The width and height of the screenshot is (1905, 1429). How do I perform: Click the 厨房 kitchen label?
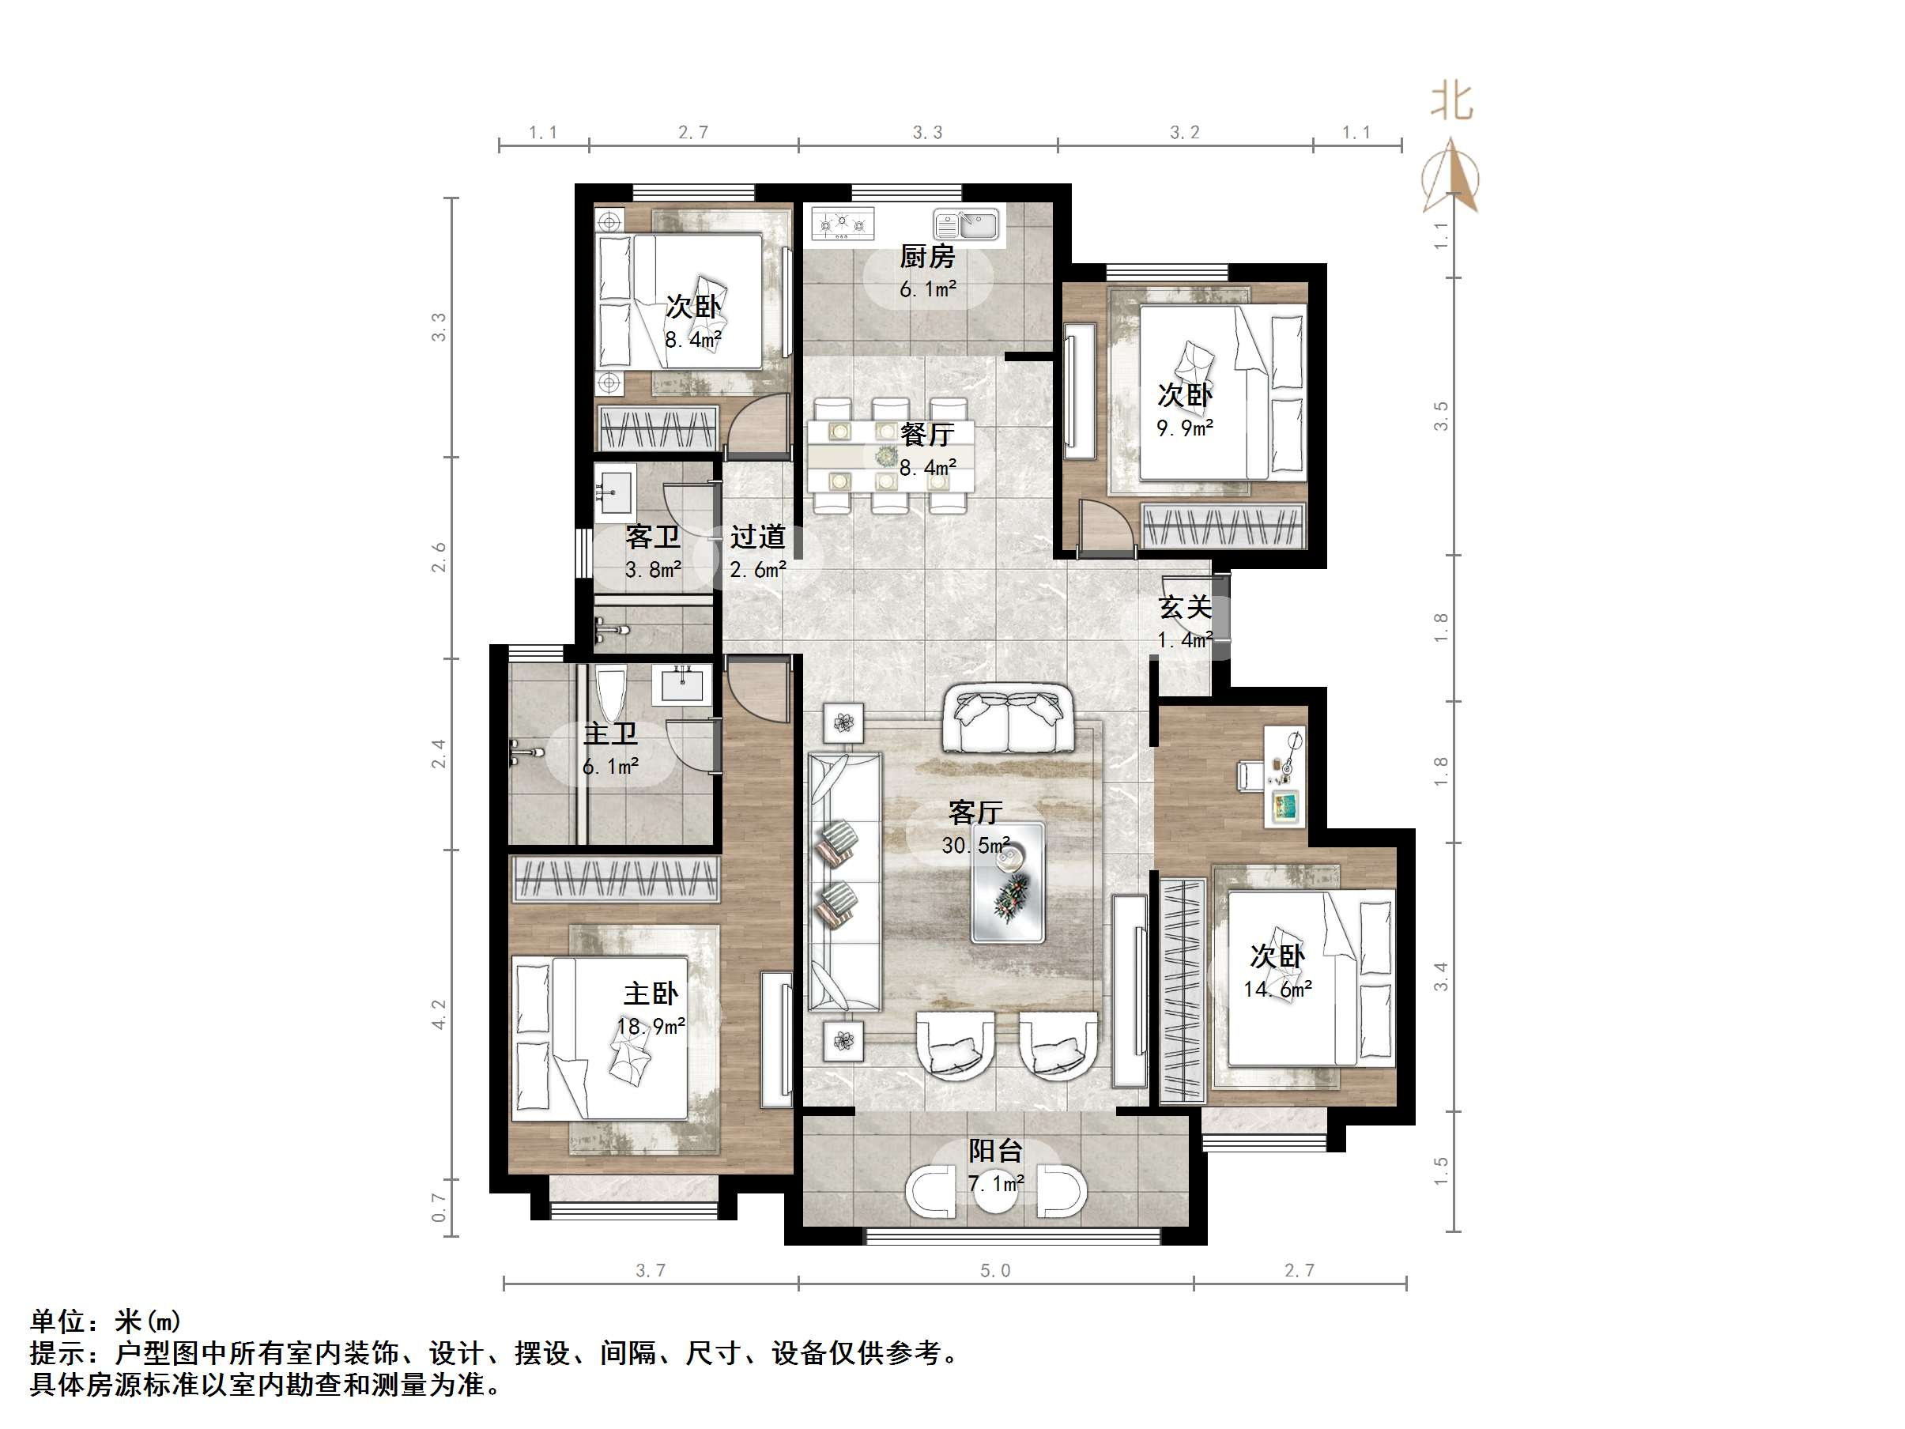pyautogui.click(x=926, y=257)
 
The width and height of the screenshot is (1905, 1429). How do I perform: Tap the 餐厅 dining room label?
pyautogui.click(x=926, y=435)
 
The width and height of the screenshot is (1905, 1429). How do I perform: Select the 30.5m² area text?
pyautogui.click(x=975, y=845)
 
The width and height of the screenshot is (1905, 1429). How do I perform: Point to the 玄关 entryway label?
pyautogui.click(x=1185, y=608)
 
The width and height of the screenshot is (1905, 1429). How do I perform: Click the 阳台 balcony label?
pyautogui.click(x=995, y=1151)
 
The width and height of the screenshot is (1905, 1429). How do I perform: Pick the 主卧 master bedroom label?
pyautogui.click(x=651, y=994)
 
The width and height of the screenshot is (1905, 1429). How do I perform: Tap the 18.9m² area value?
pyautogui.click(x=651, y=1027)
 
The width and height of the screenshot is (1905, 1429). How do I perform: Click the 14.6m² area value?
pyautogui.click(x=1277, y=990)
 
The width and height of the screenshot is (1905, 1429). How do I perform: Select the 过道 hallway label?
pyautogui.click(x=758, y=537)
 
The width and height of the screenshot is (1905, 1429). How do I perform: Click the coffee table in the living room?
pyautogui.click(x=1008, y=882)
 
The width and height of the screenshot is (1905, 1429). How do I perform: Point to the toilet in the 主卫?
pyautogui.click(x=609, y=693)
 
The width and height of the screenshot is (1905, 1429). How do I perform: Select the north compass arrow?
pyautogui.click(x=1452, y=176)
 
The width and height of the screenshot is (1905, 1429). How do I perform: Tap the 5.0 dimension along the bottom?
pyautogui.click(x=995, y=1270)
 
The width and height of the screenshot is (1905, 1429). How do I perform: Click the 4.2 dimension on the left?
pyautogui.click(x=439, y=1015)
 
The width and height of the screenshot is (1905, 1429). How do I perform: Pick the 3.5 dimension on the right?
pyautogui.click(x=1441, y=416)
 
